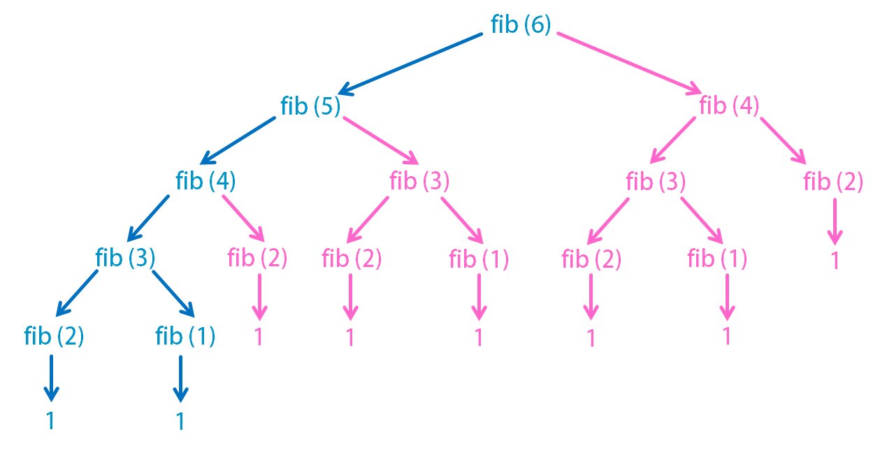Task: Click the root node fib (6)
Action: [521, 25]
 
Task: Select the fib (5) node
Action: [310, 106]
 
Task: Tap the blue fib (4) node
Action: [205, 182]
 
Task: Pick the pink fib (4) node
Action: [729, 106]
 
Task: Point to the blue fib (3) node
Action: [125, 259]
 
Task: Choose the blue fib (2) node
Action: [54, 337]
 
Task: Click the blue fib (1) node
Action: [185, 337]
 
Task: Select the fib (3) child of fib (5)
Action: [419, 182]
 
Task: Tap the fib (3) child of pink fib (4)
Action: [656, 182]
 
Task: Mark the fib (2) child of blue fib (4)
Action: [257, 259]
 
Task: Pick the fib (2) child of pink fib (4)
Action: [833, 182]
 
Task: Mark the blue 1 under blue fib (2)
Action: [50, 421]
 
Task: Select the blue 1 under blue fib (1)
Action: [180, 421]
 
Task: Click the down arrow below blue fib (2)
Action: [51, 378]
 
